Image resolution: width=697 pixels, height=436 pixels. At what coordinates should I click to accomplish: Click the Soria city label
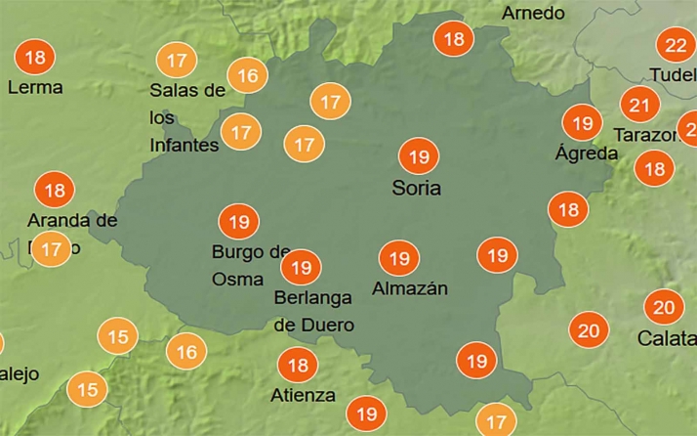pyautogui.click(x=416, y=188)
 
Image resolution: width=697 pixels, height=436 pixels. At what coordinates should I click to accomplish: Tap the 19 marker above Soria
pyautogui.click(x=419, y=156)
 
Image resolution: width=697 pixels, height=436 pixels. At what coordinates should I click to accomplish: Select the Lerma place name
pyautogui.click(x=35, y=87)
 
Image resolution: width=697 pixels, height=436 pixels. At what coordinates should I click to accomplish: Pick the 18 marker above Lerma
pyautogui.click(x=36, y=58)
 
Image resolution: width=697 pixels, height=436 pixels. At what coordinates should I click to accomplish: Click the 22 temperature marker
pyautogui.click(x=676, y=46)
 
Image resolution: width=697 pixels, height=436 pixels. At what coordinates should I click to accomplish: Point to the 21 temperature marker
pyautogui.click(x=640, y=105)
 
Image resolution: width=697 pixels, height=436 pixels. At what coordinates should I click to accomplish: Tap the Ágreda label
pyautogui.click(x=586, y=153)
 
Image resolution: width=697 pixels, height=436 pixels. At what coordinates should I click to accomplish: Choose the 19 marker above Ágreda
pyautogui.click(x=584, y=123)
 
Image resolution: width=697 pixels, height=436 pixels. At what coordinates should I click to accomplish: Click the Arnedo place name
pyautogui.click(x=533, y=13)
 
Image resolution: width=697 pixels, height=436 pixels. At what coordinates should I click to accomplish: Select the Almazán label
pyautogui.click(x=410, y=288)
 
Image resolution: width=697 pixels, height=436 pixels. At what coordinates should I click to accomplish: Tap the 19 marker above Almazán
pyautogui.click(x=398, y=259)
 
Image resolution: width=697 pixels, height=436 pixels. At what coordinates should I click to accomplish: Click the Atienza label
pyautogui.click(x=303, y=396)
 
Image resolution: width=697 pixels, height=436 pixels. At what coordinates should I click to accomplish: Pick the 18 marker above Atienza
pyautogui.click(x=298, y=366)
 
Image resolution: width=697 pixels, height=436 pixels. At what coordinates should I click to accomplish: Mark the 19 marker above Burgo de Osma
pyautogui.click(x=238, y=222)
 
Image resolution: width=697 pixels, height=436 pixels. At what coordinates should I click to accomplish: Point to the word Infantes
pyautogui.click(x=184, y=146)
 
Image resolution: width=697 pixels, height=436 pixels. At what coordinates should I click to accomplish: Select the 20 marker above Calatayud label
pyautogui.click(x=664, y=308)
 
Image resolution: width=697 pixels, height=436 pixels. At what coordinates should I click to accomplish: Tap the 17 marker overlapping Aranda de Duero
pyautogui.click(x=52, y=249)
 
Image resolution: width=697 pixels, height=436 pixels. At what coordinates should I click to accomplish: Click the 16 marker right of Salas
pyautogui.click(x=248, y=75)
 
